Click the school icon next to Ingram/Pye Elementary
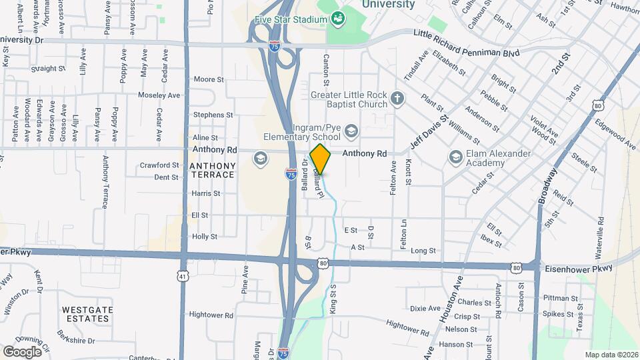point(351,130)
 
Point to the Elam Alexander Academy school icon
point(456,157)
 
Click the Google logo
point(22,351)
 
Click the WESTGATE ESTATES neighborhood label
point(85,314)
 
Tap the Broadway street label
point(548,185)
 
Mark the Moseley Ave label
point(159,95)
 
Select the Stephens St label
point(208,115)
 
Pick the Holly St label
point(204,237)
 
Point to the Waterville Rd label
point(601,233)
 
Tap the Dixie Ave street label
point(425,309)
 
